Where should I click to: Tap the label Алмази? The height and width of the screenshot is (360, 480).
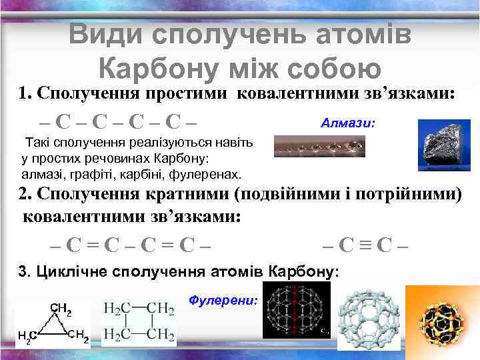348,123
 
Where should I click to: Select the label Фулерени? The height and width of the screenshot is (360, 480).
223,301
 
